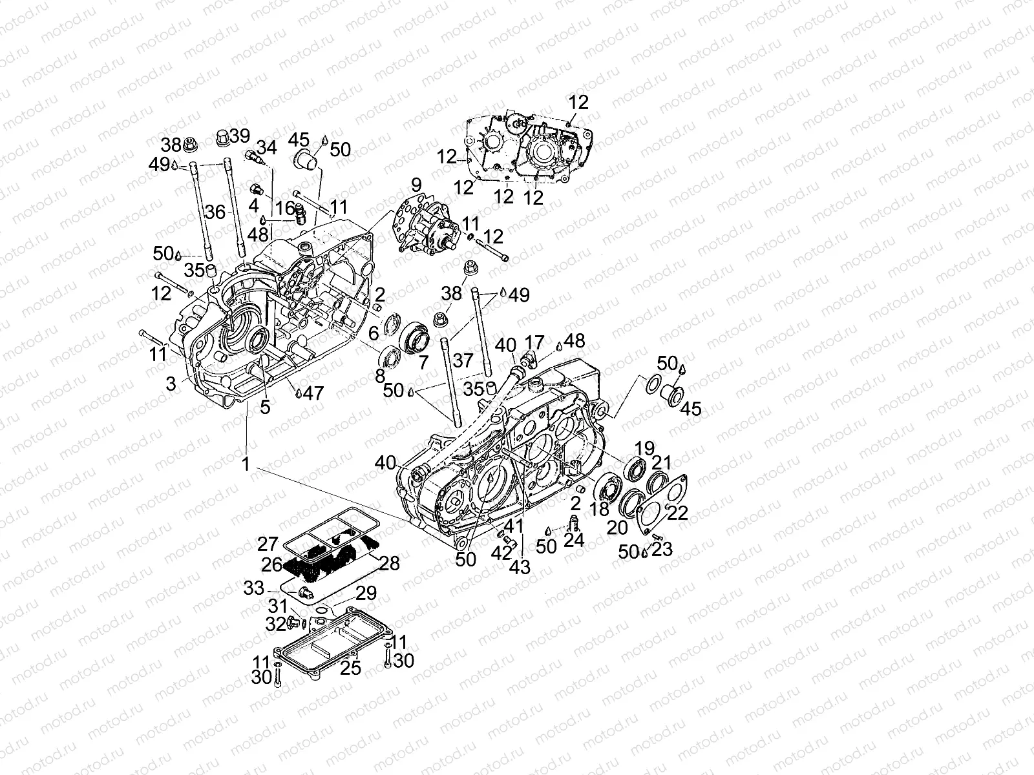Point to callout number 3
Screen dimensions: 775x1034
click(171, 384)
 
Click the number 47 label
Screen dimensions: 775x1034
click(313, 393)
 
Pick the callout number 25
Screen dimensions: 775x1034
click(350, 668)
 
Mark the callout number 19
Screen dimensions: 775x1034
click(644, 448)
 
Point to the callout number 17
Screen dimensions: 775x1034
click(534, 342)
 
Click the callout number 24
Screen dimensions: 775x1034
click(574, 539)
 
